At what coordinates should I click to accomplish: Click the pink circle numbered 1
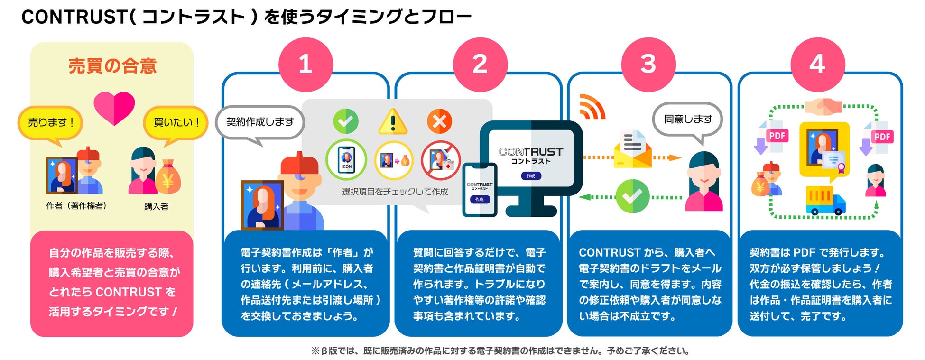point(305,65)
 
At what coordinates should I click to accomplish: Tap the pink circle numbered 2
point(480,65)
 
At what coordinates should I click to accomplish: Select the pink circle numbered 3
point(648,65)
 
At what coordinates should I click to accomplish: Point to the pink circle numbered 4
point(817,65)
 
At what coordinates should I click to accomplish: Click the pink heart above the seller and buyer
point(114,107)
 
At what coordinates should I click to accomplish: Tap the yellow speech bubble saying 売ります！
point(50,123)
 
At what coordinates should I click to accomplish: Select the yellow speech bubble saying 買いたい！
point(176,123)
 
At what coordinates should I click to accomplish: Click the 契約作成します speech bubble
point(259,122)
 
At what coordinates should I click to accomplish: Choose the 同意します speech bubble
point(687,120)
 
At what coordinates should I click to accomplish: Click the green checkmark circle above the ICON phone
point(345,121)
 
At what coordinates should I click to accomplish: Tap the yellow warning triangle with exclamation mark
point(392,122)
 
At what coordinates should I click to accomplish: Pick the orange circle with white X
point(439,121)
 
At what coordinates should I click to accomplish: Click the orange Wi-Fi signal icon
point(592,107)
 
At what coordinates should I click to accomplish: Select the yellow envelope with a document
point(632,149)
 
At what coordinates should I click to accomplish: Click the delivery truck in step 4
point(825,200)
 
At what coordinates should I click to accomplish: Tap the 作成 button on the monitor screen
point(530,176)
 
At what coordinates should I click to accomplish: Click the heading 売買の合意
point(112,66)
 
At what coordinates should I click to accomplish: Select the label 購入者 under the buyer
point(156,207)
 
